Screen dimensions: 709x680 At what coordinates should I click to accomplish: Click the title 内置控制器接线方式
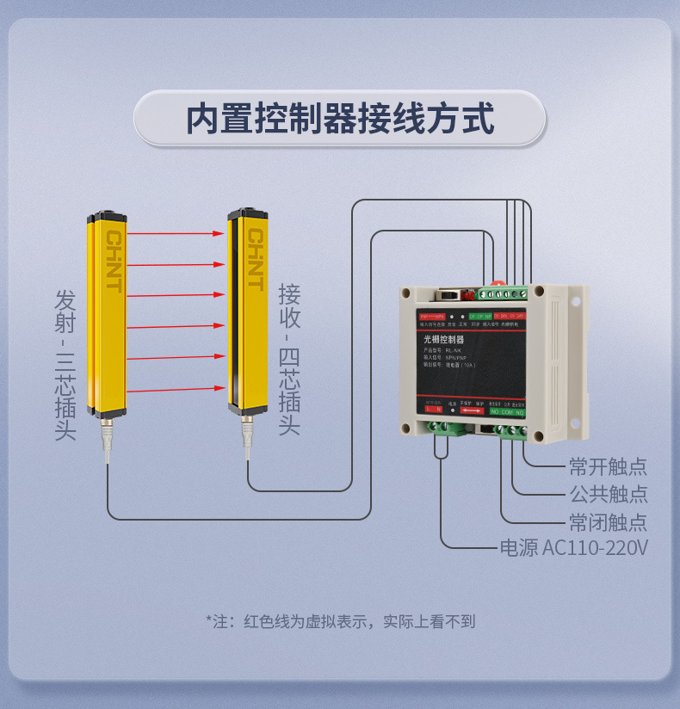click(340, 119)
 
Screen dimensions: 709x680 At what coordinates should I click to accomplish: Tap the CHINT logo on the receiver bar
click(255, 259)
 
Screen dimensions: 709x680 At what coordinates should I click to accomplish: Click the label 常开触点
click(608, 466)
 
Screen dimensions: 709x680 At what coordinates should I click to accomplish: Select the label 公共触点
click(608, 494)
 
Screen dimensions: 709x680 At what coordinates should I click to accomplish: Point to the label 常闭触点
click(608, 521)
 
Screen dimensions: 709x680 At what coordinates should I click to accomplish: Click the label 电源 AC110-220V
click(573, 548)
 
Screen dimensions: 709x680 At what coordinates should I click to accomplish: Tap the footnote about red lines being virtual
click(340, 620)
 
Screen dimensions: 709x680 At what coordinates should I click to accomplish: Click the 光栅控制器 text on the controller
click(444, 340)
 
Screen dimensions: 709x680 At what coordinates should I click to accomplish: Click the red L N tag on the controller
click(434, 410)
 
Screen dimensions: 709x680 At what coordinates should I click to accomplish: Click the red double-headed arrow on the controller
click(471, 410)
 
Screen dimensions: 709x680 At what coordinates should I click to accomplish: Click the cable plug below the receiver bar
click(248, 431)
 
